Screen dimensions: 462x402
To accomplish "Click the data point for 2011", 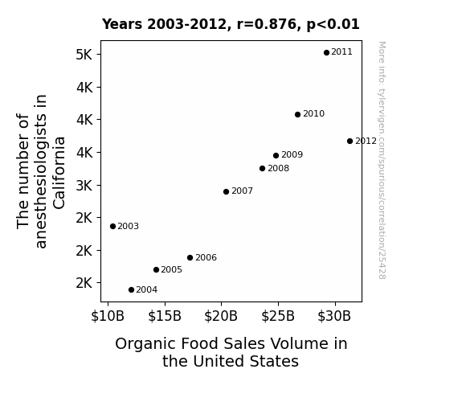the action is [x=326, y=53].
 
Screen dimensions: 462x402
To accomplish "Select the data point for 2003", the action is [x=112, y=226].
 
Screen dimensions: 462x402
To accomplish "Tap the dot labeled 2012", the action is [x=350, y=141].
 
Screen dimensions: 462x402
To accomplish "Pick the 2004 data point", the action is [x=132, y=290].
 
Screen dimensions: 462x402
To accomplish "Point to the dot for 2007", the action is [x=226, y=191].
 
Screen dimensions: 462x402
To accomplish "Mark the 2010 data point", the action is [x=297, y=114].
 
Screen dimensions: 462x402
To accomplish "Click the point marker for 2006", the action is [x=190, y=258].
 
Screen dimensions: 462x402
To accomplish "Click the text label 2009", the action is [x=292, y=154].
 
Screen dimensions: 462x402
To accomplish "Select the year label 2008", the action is [x=279, y=168].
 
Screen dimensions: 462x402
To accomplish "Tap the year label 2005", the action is [x=171, y=269].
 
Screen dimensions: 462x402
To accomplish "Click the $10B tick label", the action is [x=108, y=316].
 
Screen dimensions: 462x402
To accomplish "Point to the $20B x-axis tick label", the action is [x=221, y=316].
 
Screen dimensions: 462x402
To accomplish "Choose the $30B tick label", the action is [x=334, y=316].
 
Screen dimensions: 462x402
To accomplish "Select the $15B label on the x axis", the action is [x=165, y=316].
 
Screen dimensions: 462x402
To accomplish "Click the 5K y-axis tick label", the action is [x=84, y=55].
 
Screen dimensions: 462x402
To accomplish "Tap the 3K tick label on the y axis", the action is [x=84, y=186].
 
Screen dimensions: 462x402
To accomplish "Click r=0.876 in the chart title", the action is [x=267, y=24].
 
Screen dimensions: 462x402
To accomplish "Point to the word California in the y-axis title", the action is [x=59, y=173].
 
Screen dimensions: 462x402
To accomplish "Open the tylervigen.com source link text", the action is [x=382, y=160].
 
